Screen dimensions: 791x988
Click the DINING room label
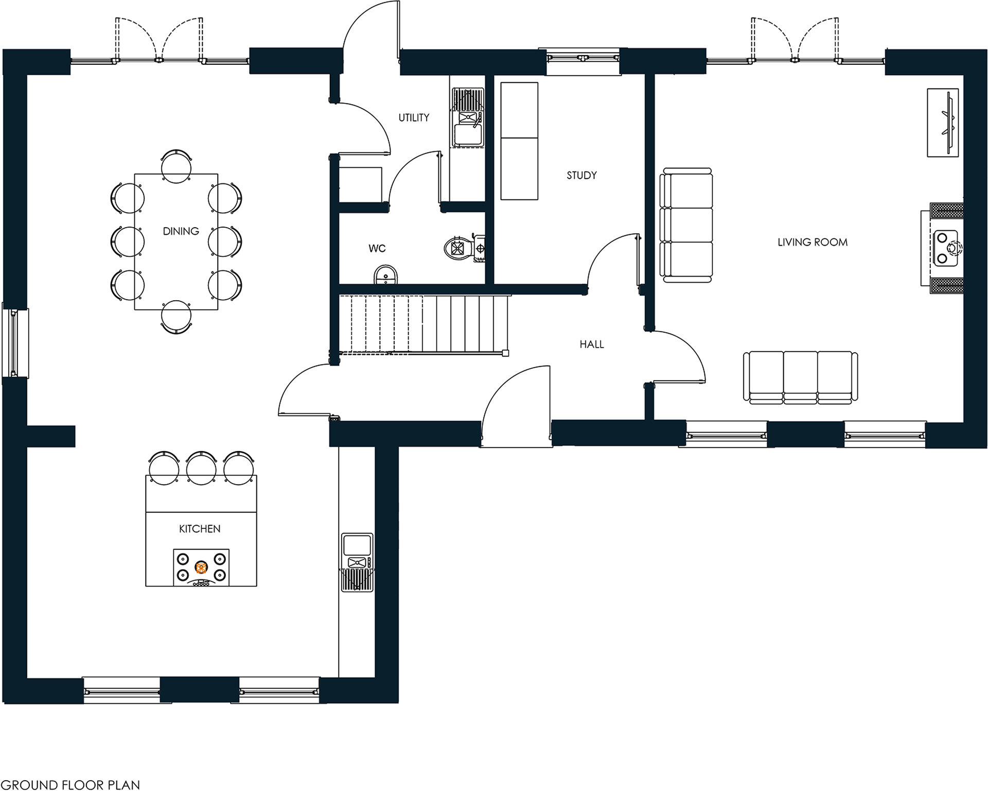(181, 231)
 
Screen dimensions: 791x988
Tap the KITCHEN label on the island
(200, 529)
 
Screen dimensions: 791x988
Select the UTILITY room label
(414, 118)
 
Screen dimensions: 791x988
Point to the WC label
(377, 249)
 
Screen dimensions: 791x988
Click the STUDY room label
(581, 176)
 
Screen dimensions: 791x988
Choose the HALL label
(591, 345)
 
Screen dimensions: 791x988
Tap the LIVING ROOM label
(812, 243)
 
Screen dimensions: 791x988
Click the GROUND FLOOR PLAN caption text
(70, 784)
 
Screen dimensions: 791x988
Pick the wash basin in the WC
(385, 275)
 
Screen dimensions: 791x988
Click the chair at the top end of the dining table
(177, 165)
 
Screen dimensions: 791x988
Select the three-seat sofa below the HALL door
(800, 376)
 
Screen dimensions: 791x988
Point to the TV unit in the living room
(943, 123)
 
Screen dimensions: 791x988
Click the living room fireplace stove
(946, 249)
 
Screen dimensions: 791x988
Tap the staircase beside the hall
(422, 323)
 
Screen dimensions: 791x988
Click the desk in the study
(519, 141)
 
